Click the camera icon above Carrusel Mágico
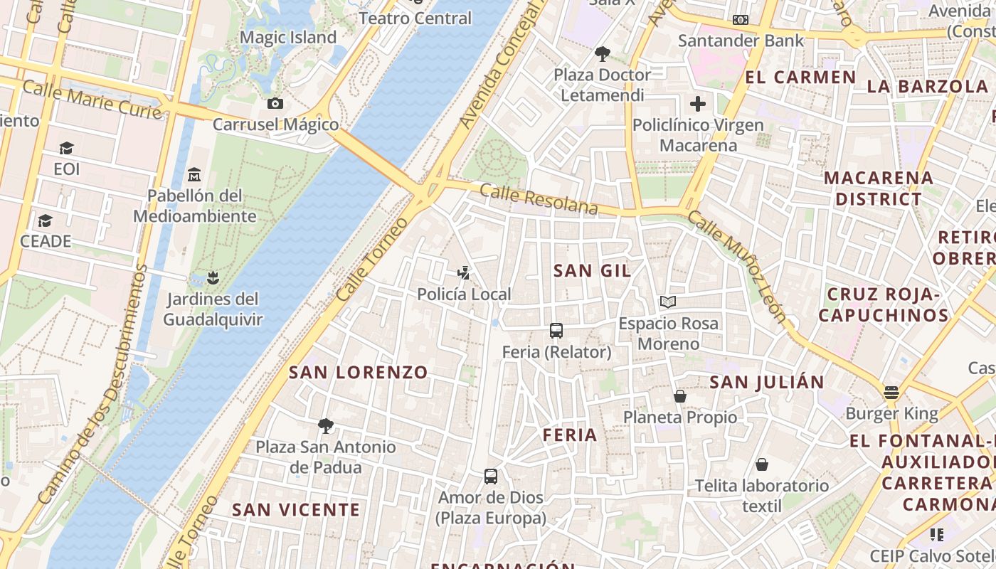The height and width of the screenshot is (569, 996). tap(275, 104)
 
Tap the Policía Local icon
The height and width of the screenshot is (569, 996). tap(464, 272)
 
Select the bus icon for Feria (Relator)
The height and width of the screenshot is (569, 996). tap(556, 331)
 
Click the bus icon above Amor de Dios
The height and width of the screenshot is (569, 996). tap(491, 477)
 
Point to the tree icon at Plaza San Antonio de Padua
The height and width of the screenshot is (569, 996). tap(326, 426)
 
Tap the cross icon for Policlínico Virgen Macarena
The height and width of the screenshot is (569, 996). tap(698, 104)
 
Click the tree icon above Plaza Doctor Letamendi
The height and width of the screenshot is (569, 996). tap(603, 53)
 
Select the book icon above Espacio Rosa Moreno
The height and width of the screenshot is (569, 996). tap(667, 302)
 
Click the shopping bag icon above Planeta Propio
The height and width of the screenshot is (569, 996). tap(680, 396)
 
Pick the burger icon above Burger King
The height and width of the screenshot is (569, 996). tap(891, 392)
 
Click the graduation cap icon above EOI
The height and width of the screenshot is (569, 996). tap(67, 148)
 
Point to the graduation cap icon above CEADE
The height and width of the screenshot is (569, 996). tap(46, 220)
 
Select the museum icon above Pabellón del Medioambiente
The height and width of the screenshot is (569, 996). tap(194, 174)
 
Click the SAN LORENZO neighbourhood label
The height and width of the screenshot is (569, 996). tap(359, 372)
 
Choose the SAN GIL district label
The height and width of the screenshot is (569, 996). tap(593, 270)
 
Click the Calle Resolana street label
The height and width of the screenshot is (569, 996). tap(539, 199)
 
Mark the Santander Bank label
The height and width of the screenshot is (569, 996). tap(741, 41)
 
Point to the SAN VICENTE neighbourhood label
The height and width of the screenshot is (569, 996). tap(296, 509)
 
